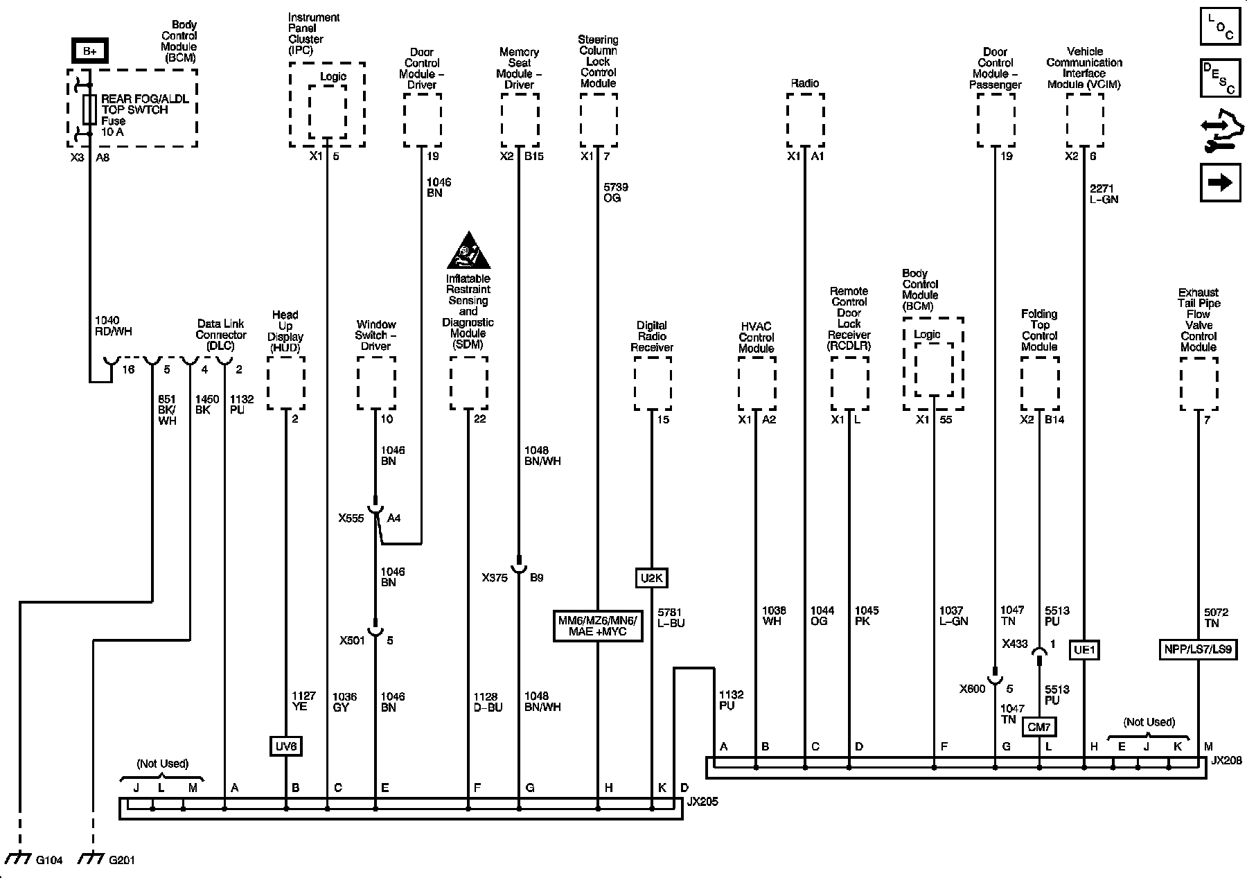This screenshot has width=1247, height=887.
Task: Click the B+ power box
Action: point(90,51)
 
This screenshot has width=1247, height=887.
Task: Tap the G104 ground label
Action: point(49,861)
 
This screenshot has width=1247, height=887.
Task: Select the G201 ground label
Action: point(122,861)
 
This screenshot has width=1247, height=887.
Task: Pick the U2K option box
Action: point(651,577)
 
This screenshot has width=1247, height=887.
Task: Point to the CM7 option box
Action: point(1039,726)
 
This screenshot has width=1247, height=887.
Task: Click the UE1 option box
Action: point(1084,649)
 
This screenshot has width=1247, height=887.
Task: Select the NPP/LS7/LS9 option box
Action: point(1198,649)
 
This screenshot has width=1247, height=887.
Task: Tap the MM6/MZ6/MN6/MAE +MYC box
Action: point(596,626)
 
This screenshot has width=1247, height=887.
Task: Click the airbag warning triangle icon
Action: point(468,253)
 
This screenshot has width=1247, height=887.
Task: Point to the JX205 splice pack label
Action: point(702,802)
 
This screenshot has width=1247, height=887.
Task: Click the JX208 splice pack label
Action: point(1226,760)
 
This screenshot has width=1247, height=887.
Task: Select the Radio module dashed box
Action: point(805,120)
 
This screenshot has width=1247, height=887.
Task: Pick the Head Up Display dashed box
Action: point(286,383)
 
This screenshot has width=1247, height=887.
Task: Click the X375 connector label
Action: point(495,577)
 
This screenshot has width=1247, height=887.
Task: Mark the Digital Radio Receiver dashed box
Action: point(652,383)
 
